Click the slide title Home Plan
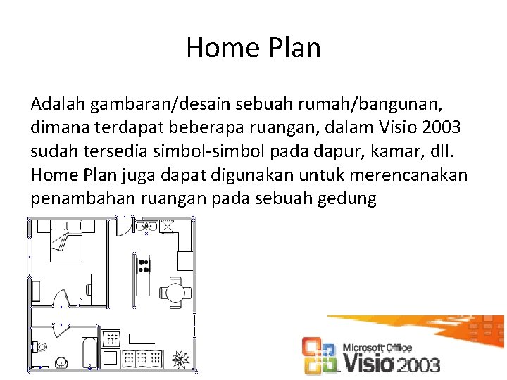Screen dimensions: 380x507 (x=254, y=48)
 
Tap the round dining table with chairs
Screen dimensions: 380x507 (x=174, y=291)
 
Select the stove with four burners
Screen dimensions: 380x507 (x=143, y=265)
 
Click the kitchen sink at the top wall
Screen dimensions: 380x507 (x=149, y=227)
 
